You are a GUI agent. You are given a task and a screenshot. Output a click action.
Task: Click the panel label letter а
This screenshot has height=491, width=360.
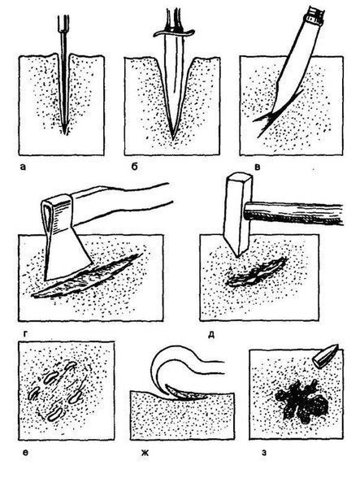[23, 167]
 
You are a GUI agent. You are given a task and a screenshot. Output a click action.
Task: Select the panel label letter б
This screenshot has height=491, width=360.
[134, 167]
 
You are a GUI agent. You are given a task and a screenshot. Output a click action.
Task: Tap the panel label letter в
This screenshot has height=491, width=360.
[258, 167]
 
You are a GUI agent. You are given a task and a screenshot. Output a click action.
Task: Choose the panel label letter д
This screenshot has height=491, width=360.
[211, 335]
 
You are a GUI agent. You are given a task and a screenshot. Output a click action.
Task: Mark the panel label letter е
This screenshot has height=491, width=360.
[26, 452]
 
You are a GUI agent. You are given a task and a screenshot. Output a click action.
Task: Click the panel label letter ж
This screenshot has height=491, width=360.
[145, 452]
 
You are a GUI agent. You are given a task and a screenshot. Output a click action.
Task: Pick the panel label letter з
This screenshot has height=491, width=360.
[264, 452]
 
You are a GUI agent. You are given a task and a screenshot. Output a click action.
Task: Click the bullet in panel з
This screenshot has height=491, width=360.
[326, 356]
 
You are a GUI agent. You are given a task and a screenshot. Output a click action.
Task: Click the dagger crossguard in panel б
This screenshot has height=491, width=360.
[174, 33]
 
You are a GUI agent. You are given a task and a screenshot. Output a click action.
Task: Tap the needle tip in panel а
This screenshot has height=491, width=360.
[65, 133]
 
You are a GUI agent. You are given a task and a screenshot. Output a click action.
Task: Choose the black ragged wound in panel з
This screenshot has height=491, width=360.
[301, 402]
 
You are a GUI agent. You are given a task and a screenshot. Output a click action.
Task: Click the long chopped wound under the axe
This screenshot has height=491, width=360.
[88, 276]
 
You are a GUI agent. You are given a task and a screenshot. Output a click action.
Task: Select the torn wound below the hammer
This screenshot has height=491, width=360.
[257, 272]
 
